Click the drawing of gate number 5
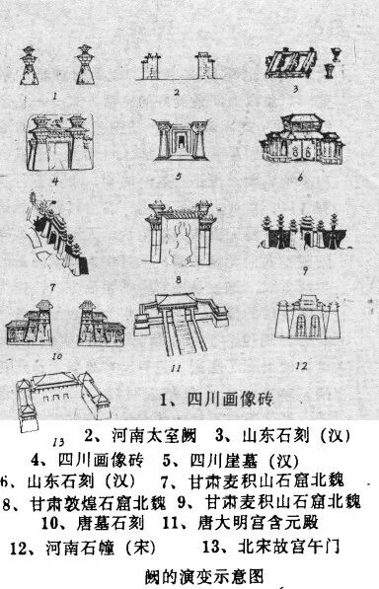point(182,144)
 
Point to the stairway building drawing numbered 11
point(183,327)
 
